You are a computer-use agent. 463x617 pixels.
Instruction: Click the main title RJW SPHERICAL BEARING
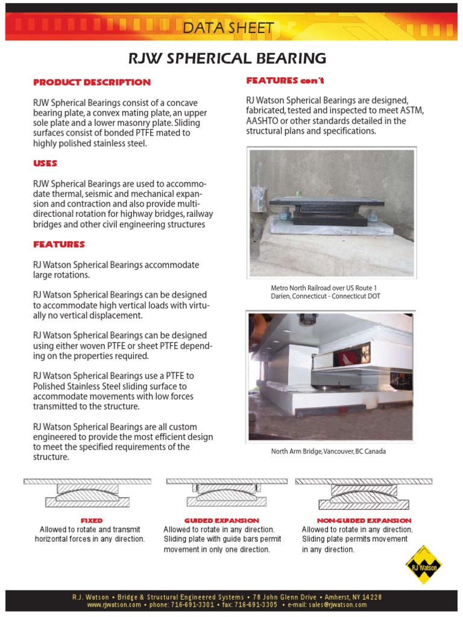[227, 58]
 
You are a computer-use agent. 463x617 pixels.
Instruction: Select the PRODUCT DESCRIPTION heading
[92, 82]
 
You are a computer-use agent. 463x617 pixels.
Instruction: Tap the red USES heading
[45, 163]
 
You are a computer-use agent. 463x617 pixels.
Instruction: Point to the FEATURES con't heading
[285, 80]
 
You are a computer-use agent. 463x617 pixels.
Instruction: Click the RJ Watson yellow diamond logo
[423, 565]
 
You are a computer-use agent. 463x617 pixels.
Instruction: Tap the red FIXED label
[92, 520]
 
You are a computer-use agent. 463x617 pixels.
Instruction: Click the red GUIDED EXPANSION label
[221, 520]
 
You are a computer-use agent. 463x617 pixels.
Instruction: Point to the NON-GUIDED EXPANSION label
[364, 520]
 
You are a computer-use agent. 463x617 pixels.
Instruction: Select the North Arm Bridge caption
[328, 451]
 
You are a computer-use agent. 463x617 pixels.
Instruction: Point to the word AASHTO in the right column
[263, 121]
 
